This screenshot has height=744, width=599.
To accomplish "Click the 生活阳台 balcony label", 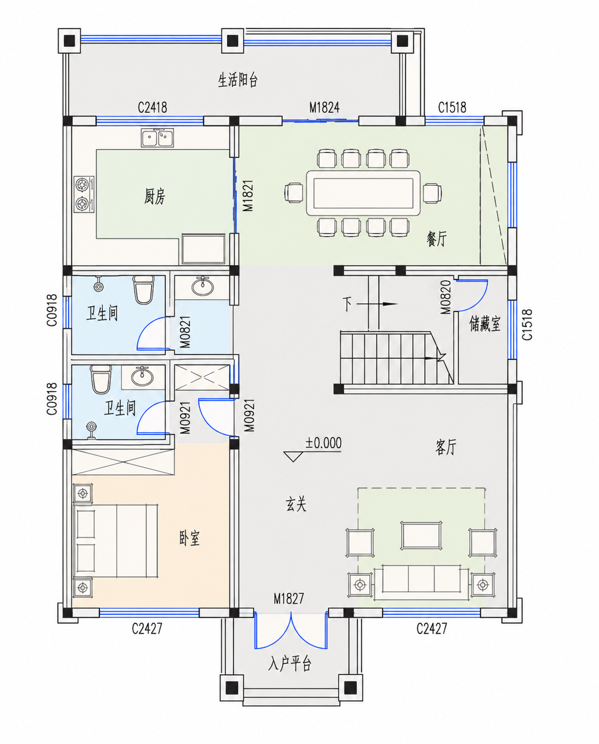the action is [237, 80].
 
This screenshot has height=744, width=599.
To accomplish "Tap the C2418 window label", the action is [152, 108].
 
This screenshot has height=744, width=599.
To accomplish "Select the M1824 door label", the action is [324, 108].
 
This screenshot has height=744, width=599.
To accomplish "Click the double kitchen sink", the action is [158, 137].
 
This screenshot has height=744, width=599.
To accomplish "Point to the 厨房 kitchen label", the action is [154, 196].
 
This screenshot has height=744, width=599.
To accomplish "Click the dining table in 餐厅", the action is [363, 193].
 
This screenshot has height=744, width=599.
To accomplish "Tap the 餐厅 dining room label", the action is [436, 238].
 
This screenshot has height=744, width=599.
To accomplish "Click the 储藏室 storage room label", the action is [485, 324].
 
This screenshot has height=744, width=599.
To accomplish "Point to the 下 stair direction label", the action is [347, 304].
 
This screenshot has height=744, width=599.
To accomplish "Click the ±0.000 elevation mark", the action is [323, 443].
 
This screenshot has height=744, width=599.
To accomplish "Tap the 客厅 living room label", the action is [446, 447].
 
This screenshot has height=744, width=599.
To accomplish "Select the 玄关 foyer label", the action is [296, 504].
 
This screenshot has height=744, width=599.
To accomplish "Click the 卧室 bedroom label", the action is [189, 538].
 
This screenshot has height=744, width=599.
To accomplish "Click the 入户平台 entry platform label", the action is [290, 664].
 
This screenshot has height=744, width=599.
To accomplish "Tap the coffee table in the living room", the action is [421, 535].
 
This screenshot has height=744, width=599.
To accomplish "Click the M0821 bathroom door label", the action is [185, 332].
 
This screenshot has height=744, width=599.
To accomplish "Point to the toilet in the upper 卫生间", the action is [143, 289].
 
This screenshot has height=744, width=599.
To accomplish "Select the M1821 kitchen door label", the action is [248, 195].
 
